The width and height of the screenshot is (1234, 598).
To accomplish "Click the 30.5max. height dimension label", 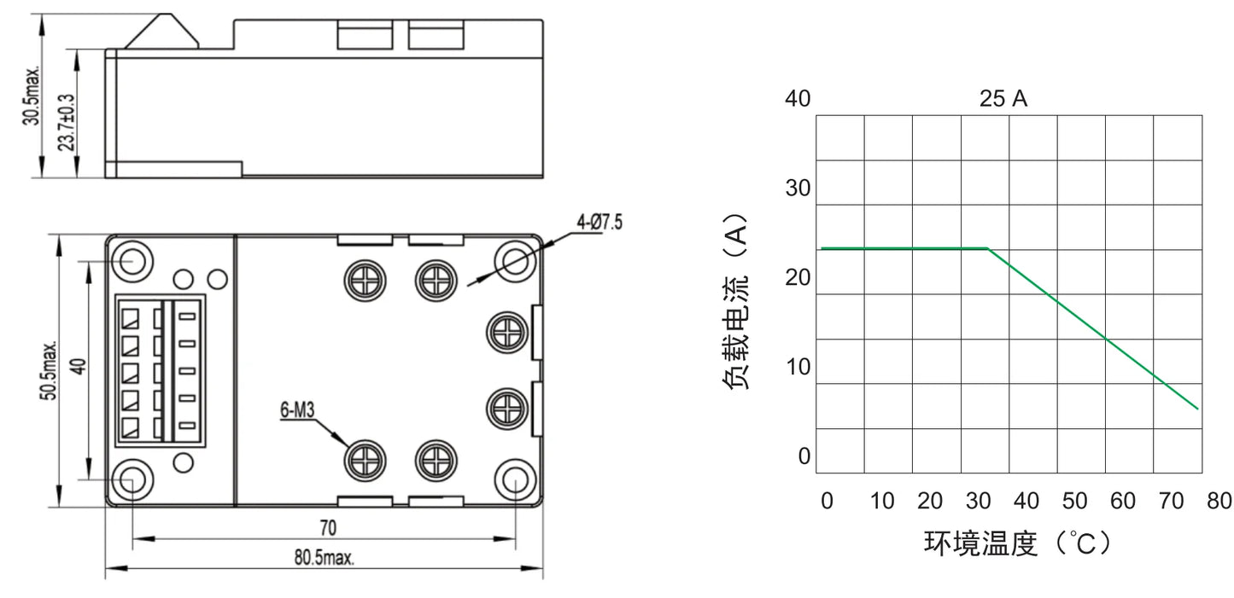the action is point(32,96).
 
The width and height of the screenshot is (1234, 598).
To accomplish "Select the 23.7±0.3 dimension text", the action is point(66,122).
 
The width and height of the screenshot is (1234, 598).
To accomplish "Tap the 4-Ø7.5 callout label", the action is point(599,223).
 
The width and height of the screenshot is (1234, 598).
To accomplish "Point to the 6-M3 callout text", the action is point(297,409).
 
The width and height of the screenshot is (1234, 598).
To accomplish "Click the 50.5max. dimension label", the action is point(49,370).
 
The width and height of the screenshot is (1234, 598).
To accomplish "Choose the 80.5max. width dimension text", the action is point(324,557).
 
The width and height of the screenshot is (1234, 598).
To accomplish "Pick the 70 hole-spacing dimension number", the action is point(328,528).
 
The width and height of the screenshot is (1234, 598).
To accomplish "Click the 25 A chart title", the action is point(1003,98).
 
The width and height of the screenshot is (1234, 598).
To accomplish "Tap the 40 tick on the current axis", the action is point(798,98).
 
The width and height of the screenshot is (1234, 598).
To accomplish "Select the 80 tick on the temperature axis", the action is point(1219,501).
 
